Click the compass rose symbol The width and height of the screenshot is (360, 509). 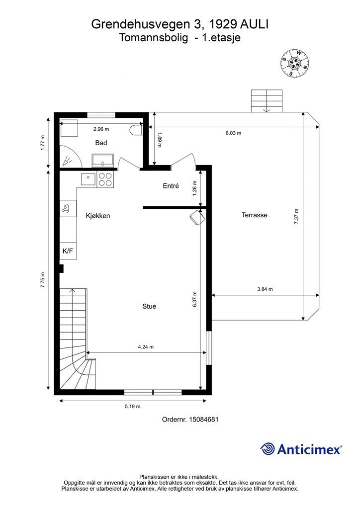pos(294,63)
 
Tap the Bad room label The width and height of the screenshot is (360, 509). pos(101,143)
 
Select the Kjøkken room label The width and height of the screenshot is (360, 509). pos(98,216)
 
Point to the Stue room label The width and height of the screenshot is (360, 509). pos(149,306)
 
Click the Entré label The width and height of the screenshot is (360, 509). pos(171,186)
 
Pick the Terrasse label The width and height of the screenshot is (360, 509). pos(255,215)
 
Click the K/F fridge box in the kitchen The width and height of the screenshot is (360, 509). pos(68,251)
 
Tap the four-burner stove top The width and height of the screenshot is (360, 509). pos(105,179)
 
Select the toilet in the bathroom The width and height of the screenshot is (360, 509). pos(136,130)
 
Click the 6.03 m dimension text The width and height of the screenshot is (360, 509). pos(233,133)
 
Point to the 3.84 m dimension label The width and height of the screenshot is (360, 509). pos(265,289)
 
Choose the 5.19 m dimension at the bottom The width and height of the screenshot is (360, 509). pos(132,407)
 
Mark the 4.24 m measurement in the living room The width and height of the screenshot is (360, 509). pos(146,346)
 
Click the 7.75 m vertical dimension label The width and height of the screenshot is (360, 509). pos(43,280)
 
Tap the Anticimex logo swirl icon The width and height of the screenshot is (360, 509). pos(268,449)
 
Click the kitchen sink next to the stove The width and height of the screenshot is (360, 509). pos(88,179)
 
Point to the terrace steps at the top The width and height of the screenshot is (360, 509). pos(267,101)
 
